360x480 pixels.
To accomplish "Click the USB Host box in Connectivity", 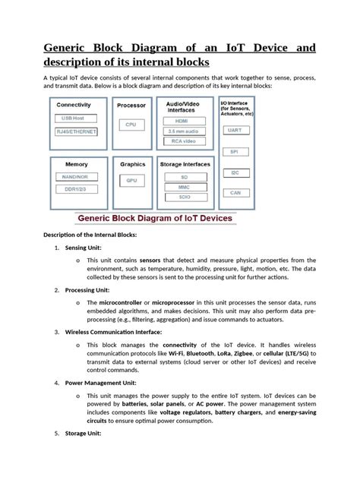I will click(x=75, y=118).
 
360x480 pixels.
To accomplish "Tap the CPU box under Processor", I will click(x=131, y=124).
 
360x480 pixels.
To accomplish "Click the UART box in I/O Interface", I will click(x=235, y=130).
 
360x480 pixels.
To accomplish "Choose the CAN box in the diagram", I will click(x=235, y=194).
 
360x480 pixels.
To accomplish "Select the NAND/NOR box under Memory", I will click(x=75, y=177).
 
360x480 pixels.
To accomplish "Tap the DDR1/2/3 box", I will click(x=75, y=190).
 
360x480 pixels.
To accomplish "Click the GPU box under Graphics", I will click(x=131, y=181).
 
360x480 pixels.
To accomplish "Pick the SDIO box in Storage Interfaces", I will click(x=185, y=197).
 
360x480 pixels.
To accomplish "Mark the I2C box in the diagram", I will click(x=235, y=173).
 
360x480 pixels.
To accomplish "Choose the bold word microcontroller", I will click(x=125, y=302).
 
